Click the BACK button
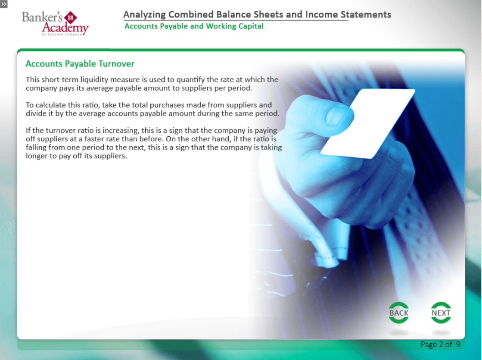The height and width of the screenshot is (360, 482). (x=399, y=313)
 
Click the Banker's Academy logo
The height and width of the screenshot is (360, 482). (x=55, y=23)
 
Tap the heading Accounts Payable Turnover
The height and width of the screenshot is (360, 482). (x=80, y=64)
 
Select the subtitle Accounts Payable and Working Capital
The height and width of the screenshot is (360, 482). (x=194, y=26)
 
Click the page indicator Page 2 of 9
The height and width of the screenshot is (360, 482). (x=440, y=344)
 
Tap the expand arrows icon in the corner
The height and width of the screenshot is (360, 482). (x=4, y=4)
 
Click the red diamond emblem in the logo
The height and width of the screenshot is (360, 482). (x=70, y=18)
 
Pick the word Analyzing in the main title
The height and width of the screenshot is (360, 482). (x=144, y=15)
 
